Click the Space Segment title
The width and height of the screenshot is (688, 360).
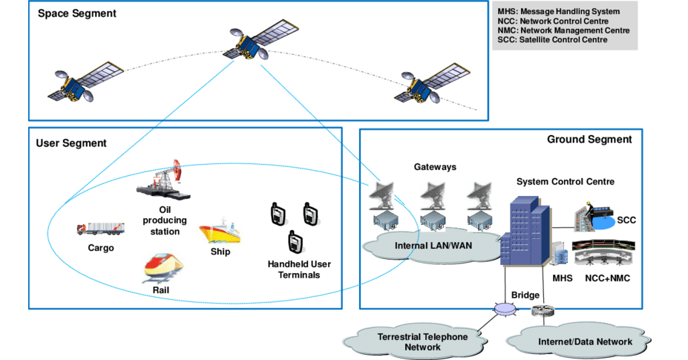[x=77, y=13]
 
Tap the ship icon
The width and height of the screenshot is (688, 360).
[x=219, y=232]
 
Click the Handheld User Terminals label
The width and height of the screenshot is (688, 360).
[x=299, y=269]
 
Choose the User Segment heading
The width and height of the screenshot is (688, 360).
[x=71, y=143]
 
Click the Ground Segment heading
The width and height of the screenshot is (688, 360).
[x=589, y=139]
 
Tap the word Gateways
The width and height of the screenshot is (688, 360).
[x=435, y=167]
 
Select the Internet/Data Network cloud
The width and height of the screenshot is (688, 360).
[x=584, y=341]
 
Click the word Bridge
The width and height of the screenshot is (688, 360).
[x=525, y=295]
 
